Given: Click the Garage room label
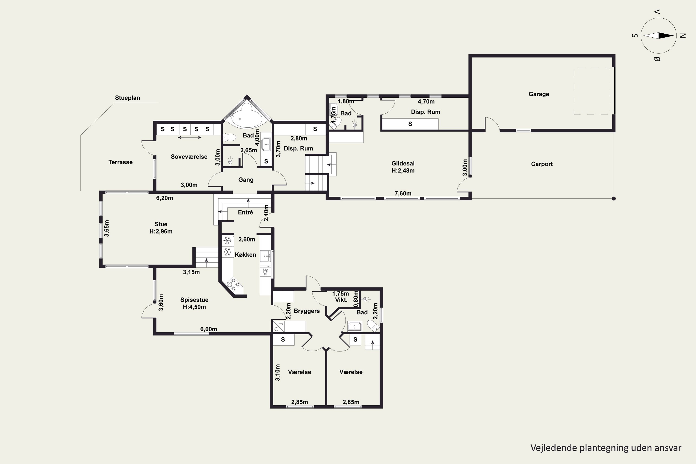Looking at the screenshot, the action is pos(538,94).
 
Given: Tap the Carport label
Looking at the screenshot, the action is pos(541,164).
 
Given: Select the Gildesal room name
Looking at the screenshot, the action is pos(403,163).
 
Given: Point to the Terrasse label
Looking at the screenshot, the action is pos(120,162).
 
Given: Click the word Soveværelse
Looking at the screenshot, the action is pos(189,157).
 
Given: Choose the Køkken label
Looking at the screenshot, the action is pos(245,255).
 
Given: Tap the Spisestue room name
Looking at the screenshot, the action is pos(194,300).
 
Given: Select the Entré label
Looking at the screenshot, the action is pos(245,212).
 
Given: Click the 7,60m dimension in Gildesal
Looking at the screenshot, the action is pos(403,193).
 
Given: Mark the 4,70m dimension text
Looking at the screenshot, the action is pos(426,102).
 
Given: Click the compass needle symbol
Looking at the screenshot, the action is pos(658,35).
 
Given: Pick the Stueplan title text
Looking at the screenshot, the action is pos(128,98).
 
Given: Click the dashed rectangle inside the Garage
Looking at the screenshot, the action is pos(592,90).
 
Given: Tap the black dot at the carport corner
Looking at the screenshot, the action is pos(614,199).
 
